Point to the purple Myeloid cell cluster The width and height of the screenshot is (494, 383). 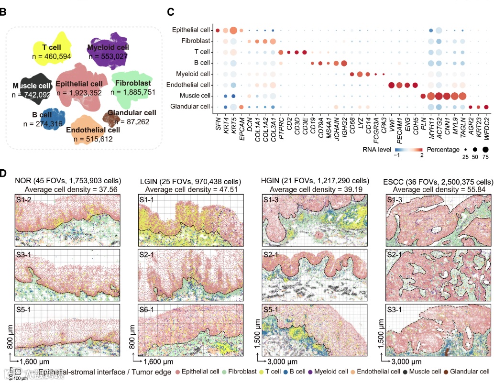point(109,51)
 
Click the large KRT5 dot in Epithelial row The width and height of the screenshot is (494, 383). point(233,31)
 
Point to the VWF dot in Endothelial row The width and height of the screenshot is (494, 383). point(391,85)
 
